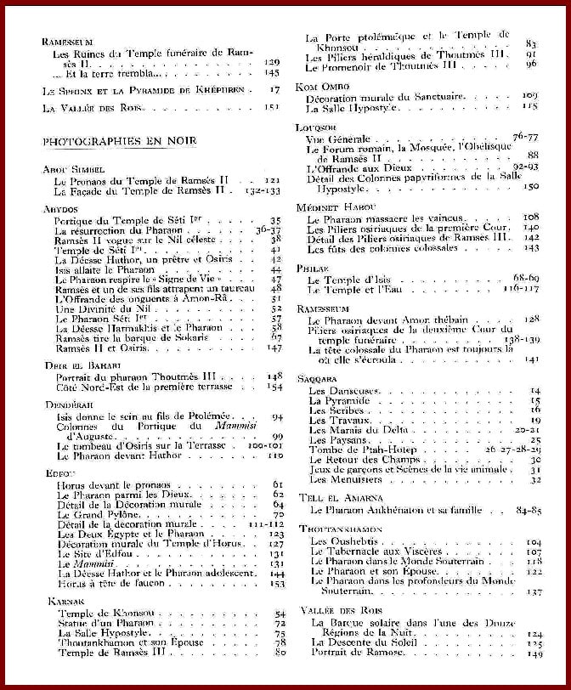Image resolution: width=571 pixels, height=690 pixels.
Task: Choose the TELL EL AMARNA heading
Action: pyautogui.click(x=341, y=498)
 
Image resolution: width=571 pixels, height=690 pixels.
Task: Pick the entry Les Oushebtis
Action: pyautogui.click(x=337, y=541)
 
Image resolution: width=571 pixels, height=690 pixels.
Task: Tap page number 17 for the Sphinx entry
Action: pyautogui.click(x=274, y=88)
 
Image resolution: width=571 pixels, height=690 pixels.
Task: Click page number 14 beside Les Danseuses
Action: pyautogui.click(x=534, y=390)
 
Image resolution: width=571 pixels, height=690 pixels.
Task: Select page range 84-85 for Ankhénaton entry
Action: pyautogui.click(x=529, y=511)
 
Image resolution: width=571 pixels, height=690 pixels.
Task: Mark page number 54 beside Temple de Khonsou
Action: pyautogui.click(x=279, y=614)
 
